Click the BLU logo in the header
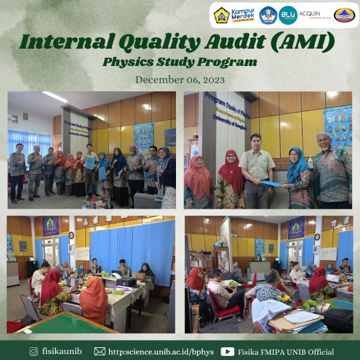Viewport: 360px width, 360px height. (288, 15)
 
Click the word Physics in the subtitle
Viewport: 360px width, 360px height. (128, 62)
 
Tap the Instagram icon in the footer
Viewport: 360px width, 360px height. (33, 351)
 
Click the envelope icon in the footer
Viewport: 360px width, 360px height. (100, 351)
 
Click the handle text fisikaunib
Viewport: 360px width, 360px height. (62, 351)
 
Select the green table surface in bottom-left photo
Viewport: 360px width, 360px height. (60, 325)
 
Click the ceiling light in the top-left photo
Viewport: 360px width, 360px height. (55, 97)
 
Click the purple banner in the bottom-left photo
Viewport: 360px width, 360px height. (51, 225)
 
